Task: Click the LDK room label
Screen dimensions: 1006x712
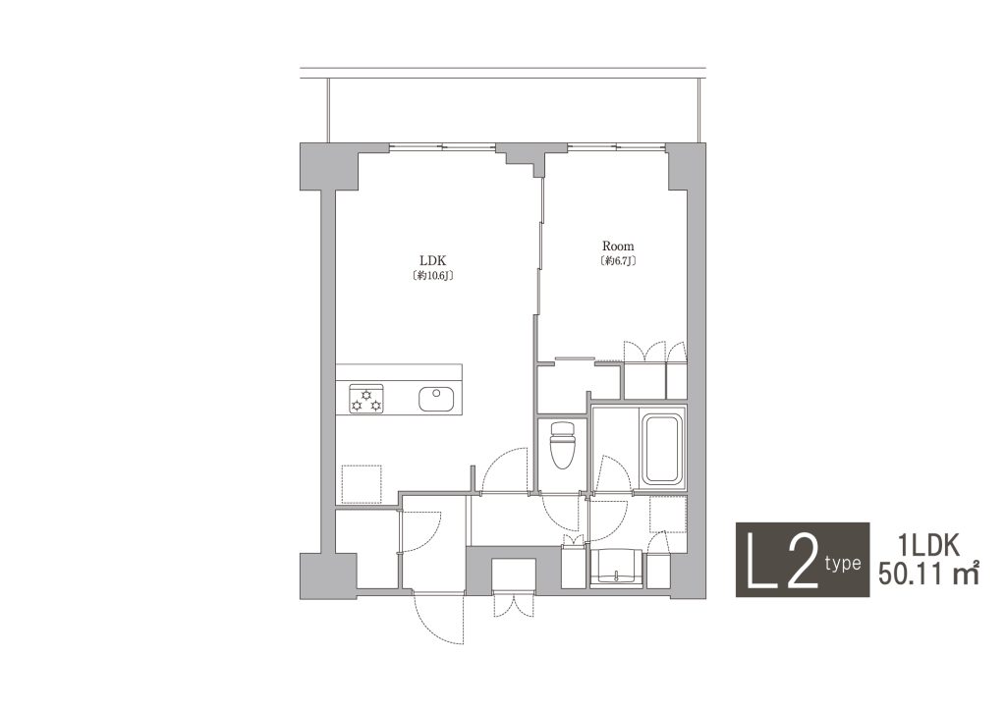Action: (432, 261)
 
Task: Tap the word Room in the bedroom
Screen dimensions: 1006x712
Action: (618, 246)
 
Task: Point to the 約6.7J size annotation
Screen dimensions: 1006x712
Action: (619, 261)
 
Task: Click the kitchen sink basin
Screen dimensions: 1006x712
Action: (436, 399)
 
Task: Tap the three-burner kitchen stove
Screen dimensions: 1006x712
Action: (365, 399)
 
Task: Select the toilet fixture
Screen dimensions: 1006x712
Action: (561, 445)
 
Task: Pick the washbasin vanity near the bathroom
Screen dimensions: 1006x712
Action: (616, 568)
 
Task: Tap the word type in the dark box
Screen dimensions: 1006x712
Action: (842, 563)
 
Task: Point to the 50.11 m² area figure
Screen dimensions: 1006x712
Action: (928, 573)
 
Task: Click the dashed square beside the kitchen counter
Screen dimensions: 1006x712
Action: (362, 484)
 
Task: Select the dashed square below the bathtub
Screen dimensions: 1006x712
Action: (668, 514)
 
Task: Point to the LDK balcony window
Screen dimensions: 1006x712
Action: (443, 146)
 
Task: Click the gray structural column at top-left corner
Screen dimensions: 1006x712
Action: (328, 166)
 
